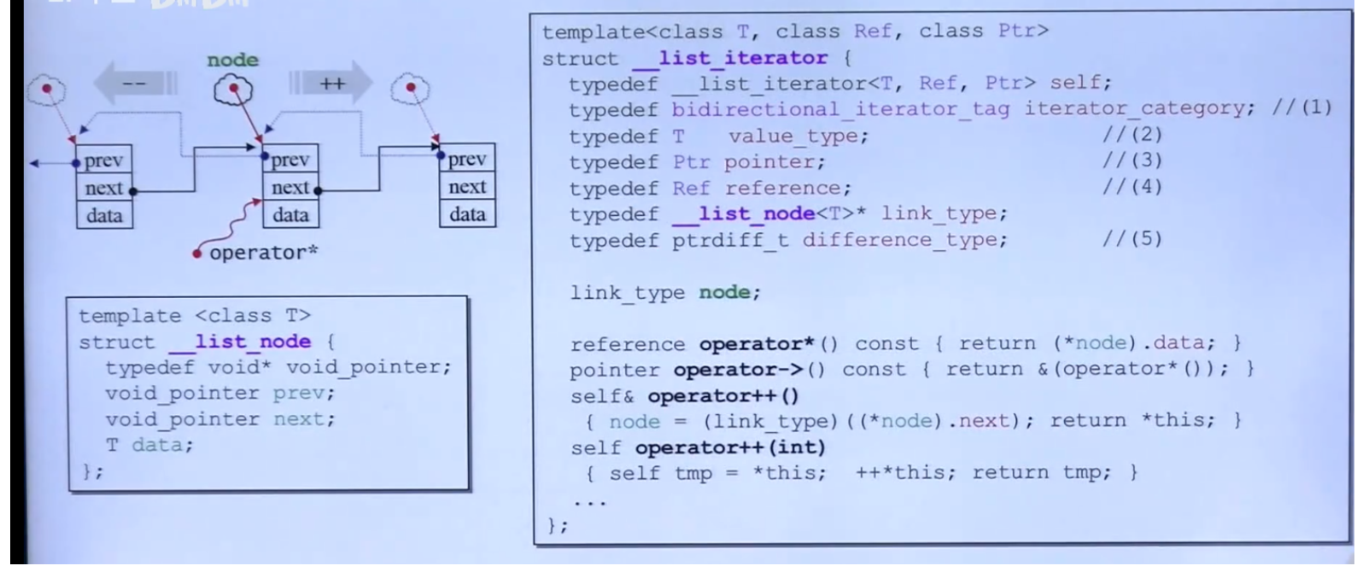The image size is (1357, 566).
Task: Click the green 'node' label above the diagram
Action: [232, 60]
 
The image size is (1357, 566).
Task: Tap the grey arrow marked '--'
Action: [135, 84]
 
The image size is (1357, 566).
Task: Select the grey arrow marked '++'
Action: [330, 84]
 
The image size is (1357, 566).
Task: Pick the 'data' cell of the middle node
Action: [290, 214]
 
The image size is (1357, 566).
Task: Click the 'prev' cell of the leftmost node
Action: [104, 160]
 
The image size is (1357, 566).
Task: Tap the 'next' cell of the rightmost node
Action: [467, 187]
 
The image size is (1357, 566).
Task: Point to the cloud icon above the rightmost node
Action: [411, 89]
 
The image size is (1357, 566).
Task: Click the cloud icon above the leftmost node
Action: [46, 90]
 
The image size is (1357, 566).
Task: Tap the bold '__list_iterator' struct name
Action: [730, 58]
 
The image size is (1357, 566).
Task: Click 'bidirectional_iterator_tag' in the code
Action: [840, 108]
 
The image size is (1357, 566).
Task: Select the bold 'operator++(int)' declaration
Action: [730, 446]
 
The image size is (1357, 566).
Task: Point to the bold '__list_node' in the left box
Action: [240, 341]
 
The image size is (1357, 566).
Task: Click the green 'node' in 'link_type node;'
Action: [728, 292]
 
